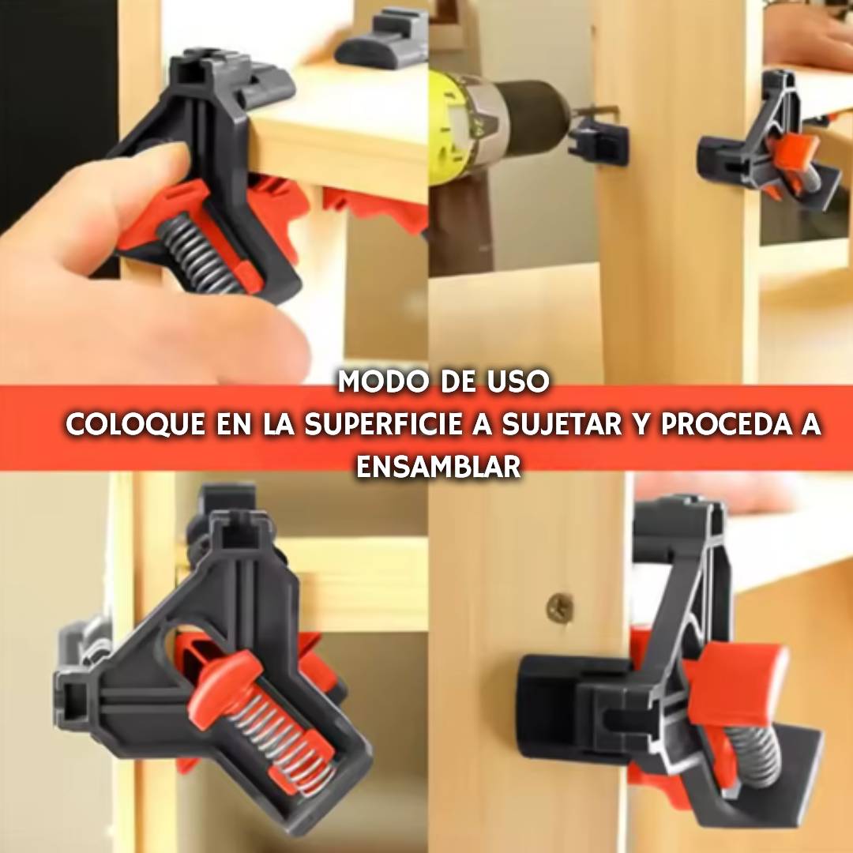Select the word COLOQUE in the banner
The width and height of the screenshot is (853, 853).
(x=135, y=425)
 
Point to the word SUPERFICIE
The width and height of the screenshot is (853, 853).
(x=383, y=425)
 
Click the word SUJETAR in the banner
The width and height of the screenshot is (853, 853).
(x=562, y=425)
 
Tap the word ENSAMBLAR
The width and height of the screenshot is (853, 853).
(x=438, y=466)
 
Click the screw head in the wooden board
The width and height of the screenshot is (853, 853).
(x=560, y=607)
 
